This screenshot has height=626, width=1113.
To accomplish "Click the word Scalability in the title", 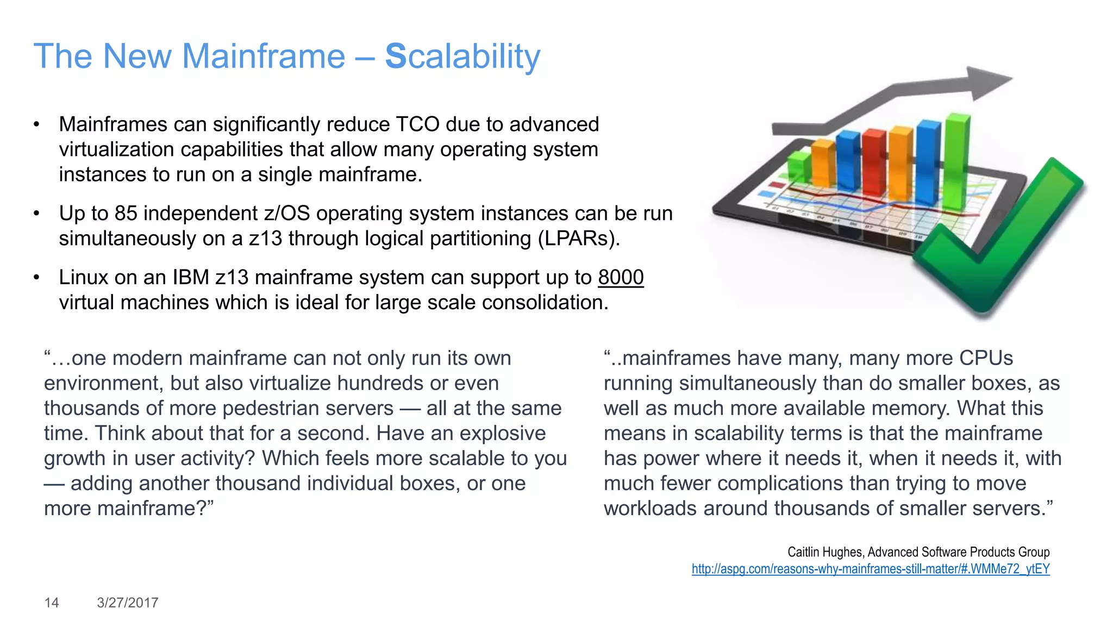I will click(x=462, y=57).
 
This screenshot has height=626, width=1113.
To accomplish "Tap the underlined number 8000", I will click(x=621, y=278).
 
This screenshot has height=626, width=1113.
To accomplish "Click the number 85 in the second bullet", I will click(x=126, y=214).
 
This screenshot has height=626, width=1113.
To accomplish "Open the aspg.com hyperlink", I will click(x=870, y=569).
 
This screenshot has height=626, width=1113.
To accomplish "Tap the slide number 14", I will click(x=51, y=603).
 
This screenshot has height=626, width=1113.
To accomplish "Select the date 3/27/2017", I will click(x=128, y=603).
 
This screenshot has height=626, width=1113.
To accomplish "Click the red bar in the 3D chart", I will click(x=874, y=163).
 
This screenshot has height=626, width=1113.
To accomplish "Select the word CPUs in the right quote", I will click(x=986, y=358).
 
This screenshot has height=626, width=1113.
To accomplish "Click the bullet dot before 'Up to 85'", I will click(x=36, y=214).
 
